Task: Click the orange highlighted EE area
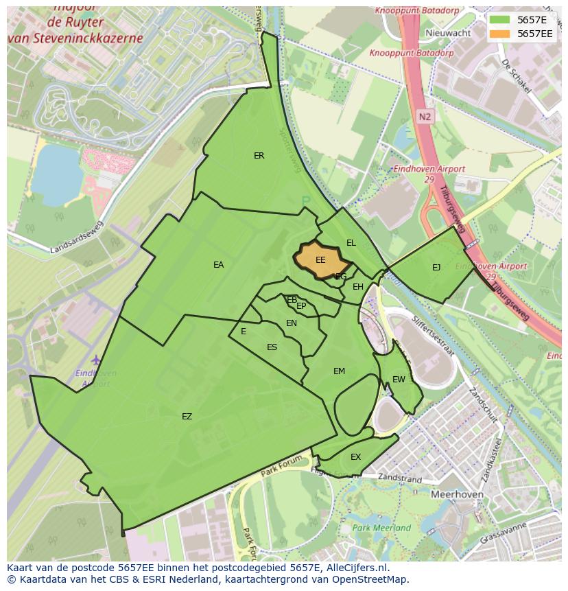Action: coord(320,261)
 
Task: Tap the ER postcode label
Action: coord(259,156)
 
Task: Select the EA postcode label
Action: coord(218,265)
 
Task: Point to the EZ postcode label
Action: coord(187,417)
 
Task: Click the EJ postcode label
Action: coord(436,268)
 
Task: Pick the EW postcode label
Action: coord(399,380)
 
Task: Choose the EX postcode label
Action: coord(355,457)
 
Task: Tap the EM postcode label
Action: coord(339,371)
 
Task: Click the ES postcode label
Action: coord(272,347)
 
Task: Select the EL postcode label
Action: coord(351,243)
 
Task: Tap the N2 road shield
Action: coord(425,117)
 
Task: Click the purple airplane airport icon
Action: coord(95,360)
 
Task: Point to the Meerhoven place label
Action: coord(457,494)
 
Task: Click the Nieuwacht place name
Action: coord(448,33)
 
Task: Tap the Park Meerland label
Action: coord(381,528)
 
